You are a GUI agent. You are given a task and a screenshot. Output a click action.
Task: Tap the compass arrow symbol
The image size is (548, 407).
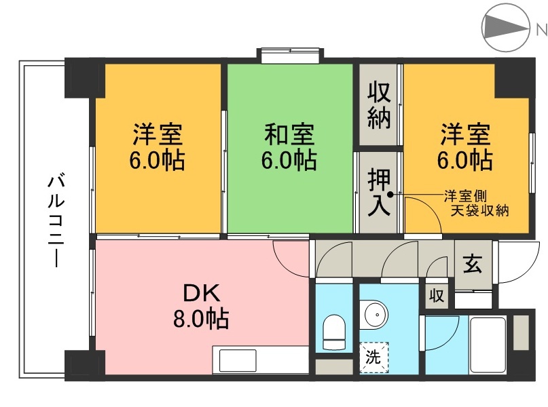pos(505,28)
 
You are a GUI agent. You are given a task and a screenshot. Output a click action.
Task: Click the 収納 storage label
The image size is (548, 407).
pos(380,105)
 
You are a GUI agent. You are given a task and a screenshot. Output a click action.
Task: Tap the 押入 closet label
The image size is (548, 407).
pos(380,193)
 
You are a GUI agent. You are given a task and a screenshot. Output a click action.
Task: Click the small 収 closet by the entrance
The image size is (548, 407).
pos(436,296)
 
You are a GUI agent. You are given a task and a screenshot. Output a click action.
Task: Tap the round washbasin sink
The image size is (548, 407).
pos(373,315)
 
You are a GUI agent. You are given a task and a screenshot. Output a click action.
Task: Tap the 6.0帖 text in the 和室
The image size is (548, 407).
pos(290,161)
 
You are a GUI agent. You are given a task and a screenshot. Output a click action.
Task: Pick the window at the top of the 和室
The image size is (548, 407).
pos(290,54)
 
